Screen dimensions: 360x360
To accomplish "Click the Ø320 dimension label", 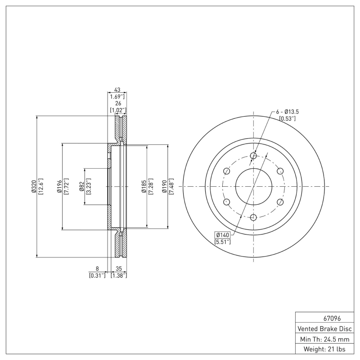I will pos(34,187).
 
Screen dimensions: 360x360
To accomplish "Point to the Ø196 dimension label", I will pos(59,187).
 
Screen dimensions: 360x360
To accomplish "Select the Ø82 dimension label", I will pos(81,187).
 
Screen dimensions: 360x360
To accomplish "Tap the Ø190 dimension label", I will pos(165,187).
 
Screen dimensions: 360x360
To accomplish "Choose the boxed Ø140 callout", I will pos(223,235).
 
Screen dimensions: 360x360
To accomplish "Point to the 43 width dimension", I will pos(117,90).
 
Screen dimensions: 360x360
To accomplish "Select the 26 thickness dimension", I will pos(117,103).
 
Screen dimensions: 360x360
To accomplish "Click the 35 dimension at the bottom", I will pos(119,268).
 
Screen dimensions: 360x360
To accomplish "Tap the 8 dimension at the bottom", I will pos(97,268).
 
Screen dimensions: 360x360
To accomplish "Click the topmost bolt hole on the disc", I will pos(253,156).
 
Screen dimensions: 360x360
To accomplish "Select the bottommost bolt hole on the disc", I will pos(253,217).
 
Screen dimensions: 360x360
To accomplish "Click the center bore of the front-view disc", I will pos(253,186).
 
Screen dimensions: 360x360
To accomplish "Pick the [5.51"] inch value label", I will pos(223,242).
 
